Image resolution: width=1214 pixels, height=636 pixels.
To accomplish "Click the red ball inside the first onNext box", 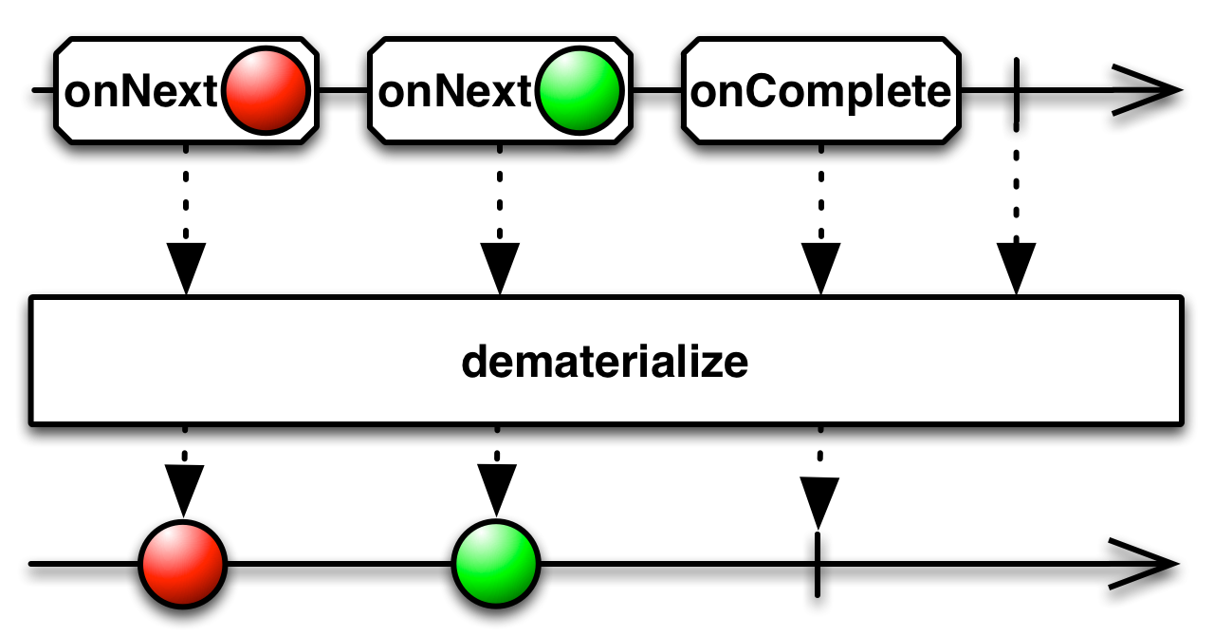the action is pos(266,90).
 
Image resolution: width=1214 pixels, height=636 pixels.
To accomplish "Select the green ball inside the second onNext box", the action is pos(579,90).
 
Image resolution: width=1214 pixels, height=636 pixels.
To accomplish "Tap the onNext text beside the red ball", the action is pos(141,91).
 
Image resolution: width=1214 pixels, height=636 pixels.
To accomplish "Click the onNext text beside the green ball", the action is pos(454,91).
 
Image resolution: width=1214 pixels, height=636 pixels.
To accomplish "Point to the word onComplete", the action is pos(820,92).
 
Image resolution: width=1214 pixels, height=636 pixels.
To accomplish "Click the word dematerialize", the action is pos(605,362).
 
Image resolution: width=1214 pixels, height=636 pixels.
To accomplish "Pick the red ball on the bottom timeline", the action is pos(183,564).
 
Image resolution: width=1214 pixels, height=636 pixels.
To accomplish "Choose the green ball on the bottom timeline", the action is pos(496,564).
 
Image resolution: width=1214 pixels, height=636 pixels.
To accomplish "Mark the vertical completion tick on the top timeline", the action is pos(1016,90).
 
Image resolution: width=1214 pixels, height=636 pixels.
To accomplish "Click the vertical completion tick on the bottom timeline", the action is pos(818,565).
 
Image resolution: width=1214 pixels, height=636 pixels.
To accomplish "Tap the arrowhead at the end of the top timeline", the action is pos(1149,90).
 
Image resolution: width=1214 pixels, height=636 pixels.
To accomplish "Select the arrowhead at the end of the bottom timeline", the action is pos(1145,564).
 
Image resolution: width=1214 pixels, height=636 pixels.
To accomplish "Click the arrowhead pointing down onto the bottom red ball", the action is pos(184,490).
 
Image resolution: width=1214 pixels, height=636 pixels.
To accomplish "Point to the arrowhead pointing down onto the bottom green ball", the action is pos(497,490).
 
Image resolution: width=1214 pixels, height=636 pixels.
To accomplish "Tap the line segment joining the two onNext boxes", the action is pos(343,90).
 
